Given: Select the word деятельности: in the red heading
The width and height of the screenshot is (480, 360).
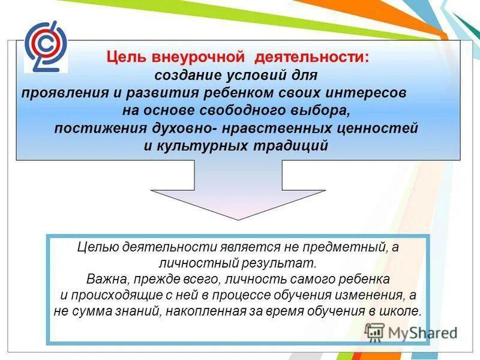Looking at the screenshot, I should point(312,58).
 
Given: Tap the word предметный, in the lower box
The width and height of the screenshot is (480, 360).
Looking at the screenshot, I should point(349,248).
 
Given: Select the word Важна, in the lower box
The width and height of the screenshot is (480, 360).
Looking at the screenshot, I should point(104,280).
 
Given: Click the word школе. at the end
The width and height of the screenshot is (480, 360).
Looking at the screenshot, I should point(405,312).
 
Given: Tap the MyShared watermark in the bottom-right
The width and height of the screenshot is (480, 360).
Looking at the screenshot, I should point(411,332).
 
